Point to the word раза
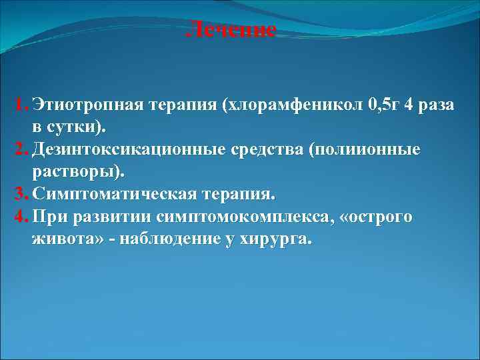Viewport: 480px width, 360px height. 433,105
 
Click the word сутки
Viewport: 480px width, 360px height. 77,127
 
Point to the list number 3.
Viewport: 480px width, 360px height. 19,195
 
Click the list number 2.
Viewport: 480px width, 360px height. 19,149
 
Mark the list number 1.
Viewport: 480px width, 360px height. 19,105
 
